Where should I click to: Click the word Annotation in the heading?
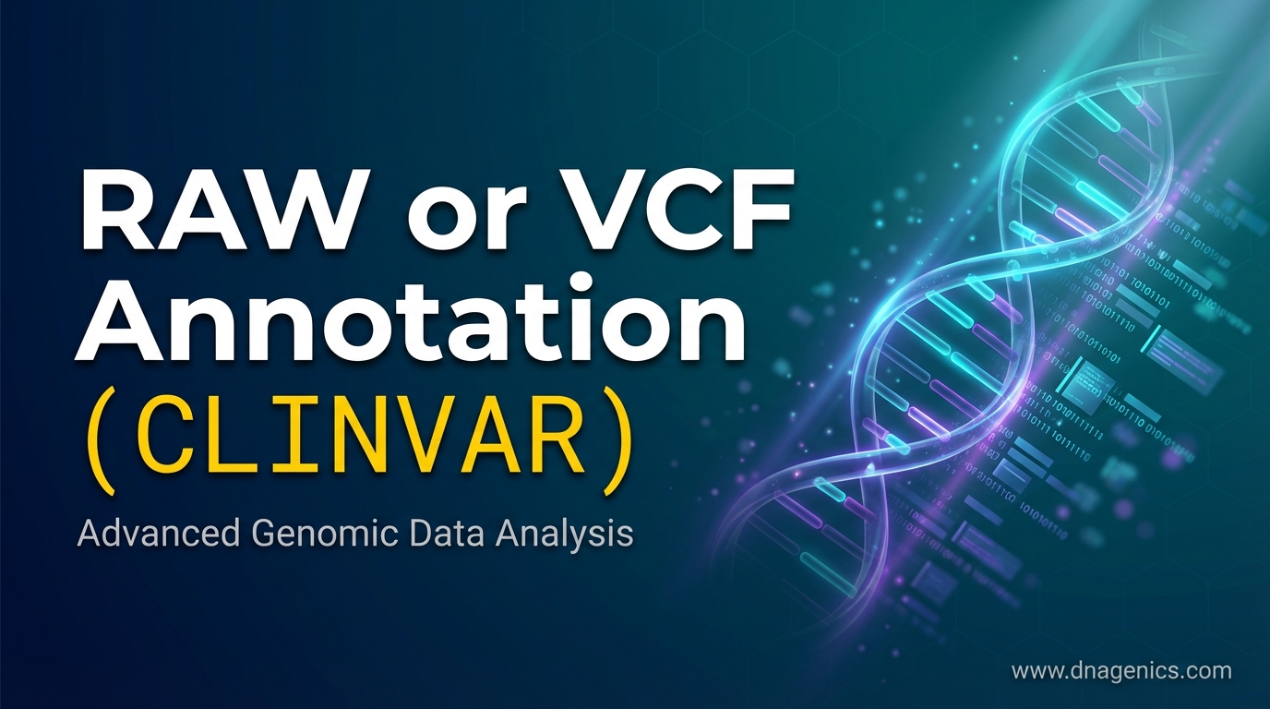click(410, 318)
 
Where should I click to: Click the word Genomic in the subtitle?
click(321, 535)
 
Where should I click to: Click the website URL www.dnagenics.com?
click(1121, 671)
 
